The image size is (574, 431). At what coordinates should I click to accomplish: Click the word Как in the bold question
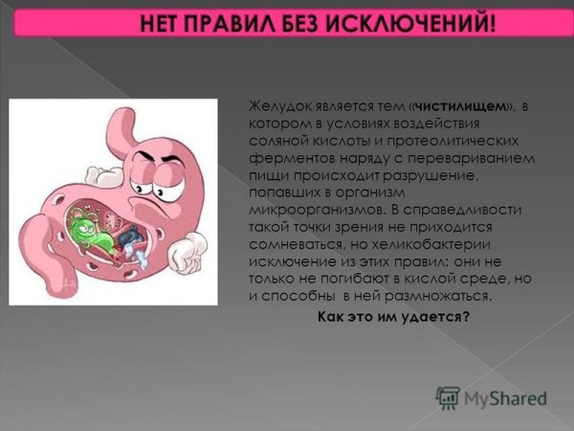click(329, 317)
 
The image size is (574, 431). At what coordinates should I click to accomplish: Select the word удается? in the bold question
click(441, 317)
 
